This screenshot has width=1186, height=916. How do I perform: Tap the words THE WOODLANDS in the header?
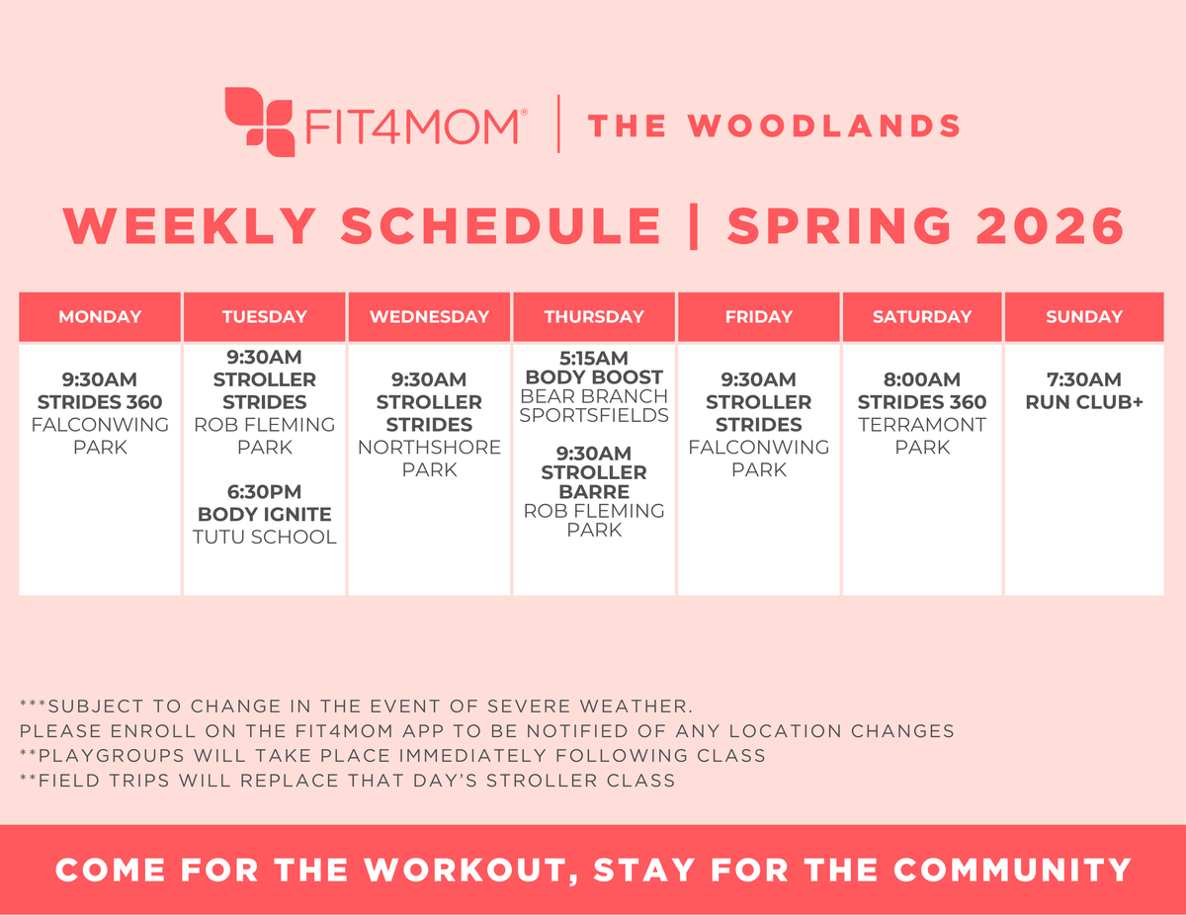(x=774, y=125)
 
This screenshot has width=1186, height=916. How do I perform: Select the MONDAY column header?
(x=100, y=317)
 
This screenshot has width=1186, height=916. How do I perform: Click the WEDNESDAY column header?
(x=429, y=317)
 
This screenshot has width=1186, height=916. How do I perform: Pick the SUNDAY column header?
(x=1084, y=317)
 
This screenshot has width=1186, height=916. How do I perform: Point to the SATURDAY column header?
(x=921, y=317)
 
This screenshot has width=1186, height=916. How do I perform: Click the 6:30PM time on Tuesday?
(x=264, y=492)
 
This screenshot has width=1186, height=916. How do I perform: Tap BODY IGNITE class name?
(x=264, y=515)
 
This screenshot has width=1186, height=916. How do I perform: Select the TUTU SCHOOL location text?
(x=264, y=538)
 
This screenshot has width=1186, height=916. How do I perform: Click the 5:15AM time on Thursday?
(x=593, y=358)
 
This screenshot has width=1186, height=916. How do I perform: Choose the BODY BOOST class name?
(x=593, y=377)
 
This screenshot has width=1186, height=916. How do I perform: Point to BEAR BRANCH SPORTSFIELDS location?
(x=593, y=406)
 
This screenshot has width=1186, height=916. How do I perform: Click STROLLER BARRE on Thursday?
(x=593, y=482)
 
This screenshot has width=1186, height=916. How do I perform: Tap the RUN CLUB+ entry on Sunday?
(x=1084, y=402)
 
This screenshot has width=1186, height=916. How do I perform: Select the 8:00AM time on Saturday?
(x=921, y=379)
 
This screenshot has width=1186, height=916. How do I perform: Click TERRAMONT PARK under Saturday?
(x=921, y=436)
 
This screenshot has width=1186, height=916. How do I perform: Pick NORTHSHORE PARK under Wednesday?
(x=429, y=458)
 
